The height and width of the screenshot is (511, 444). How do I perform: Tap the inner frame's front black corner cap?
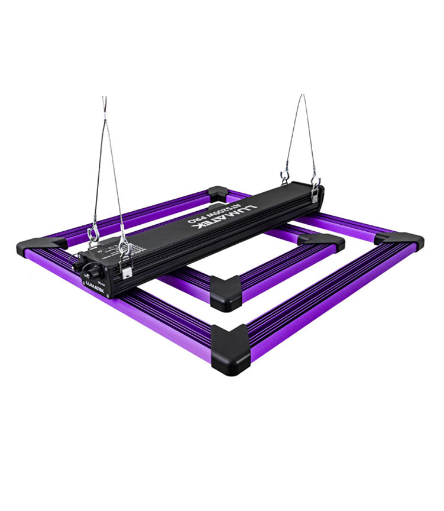225,292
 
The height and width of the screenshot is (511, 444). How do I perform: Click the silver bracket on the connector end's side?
125,269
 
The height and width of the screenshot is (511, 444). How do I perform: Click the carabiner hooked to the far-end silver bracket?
316,180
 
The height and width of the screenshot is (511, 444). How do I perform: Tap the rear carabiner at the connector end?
93,237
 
